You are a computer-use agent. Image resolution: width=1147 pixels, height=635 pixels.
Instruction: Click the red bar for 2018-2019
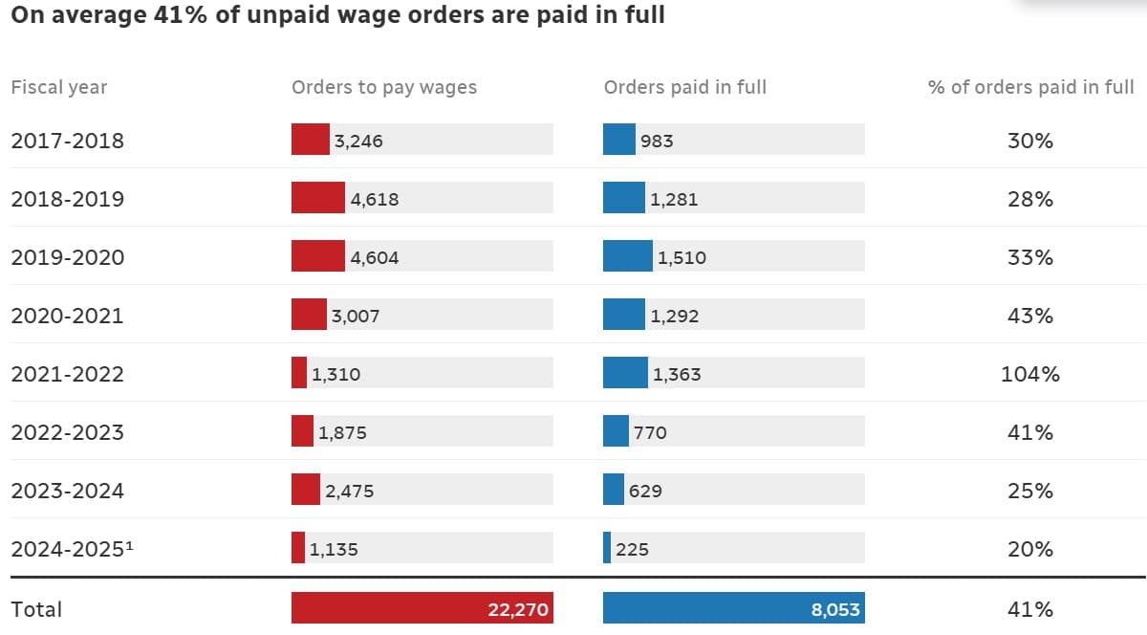tap(317, 198)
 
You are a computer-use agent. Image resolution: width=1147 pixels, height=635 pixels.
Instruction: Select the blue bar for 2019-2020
tap(627, 256)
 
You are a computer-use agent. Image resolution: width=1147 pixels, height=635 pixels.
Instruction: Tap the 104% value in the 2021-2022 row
tap(1029, 374)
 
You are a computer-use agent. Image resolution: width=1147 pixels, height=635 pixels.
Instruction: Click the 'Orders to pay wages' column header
tap(383, 87)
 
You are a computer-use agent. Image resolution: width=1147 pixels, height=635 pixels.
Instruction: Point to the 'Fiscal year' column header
tap(58, 87)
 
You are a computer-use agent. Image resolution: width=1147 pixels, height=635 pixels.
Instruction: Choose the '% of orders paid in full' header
tap(1030, 87)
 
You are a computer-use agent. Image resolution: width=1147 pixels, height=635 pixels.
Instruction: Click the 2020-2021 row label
tap(67, 316)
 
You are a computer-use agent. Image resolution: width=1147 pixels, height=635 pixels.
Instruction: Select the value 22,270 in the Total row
tap(518, 609)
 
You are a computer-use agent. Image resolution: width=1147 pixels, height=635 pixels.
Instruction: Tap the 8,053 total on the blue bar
tap(834, 609)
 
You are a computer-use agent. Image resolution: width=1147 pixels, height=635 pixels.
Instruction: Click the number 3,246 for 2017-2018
tap(358, 141)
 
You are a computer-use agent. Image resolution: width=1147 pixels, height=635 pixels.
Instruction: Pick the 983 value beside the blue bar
tap(657, 141)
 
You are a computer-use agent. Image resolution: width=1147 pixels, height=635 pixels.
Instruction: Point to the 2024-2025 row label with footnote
tap(72, 549)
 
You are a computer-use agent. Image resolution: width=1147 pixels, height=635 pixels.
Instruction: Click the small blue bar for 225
tap(607, 548)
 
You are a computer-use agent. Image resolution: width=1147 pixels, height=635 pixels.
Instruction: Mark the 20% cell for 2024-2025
tap(1029, 549)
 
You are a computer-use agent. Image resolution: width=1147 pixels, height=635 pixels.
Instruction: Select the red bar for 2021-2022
tap(299, 373)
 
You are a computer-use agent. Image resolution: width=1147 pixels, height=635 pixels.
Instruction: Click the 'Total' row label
tap(36, 609)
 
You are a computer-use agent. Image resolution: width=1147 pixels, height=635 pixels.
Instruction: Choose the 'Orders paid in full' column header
tap(684, 87)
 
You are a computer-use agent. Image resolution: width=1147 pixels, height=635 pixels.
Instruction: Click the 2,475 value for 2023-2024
tap(349, 491)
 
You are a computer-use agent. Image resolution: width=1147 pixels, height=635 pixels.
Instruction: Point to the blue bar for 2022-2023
tap(616, 431)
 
